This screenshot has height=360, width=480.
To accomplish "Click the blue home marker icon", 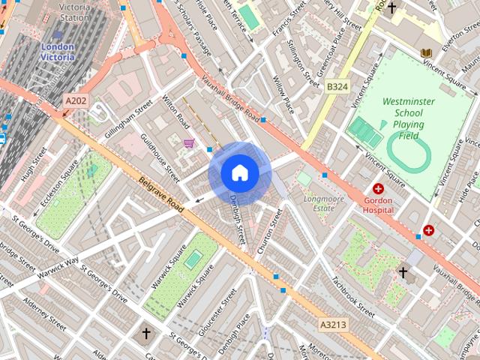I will pos(240,173).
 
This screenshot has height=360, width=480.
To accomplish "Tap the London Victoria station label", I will pos(58,51).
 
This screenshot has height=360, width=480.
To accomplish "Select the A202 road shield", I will pos(74,100).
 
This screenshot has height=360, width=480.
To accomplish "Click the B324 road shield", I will pos(337,87).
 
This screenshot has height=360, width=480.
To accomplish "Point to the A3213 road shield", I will pos(332,325).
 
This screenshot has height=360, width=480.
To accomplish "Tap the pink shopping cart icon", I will pos(189,142).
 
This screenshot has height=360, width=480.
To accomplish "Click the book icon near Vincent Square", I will pos(426,53).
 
